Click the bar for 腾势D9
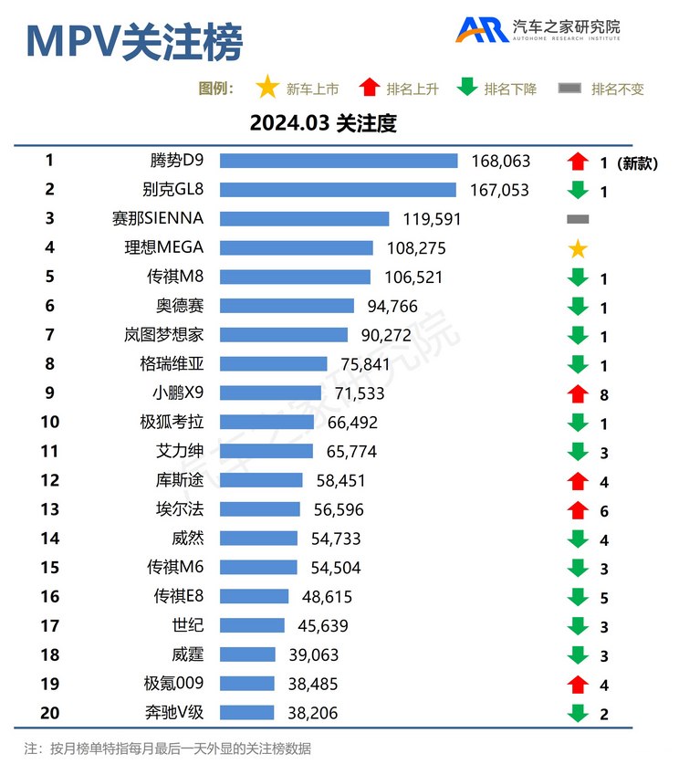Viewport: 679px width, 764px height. tap(339, 161)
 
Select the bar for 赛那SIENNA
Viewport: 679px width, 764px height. tap(304, 219)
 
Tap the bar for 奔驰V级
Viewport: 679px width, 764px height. tap(246, 712)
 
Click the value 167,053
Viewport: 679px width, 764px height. tap(500, 190)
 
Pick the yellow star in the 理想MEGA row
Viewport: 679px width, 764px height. tap(577, 249)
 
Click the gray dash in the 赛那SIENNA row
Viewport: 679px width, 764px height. tap(577, 219)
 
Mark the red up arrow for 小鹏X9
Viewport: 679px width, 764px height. tap(577, 393)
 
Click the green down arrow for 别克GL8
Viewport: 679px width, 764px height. tap(577, 191)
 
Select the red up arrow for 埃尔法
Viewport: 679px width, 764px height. tap(577, 509)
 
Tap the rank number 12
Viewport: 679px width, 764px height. tap(49, 480)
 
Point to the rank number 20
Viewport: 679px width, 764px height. tap(49, 712)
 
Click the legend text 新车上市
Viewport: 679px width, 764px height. tap(312, 89)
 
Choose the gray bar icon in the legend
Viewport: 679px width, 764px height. tap(569, 89)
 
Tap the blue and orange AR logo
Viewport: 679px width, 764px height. tap(482, 29)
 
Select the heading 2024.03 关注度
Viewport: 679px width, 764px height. tap(323, 123)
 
